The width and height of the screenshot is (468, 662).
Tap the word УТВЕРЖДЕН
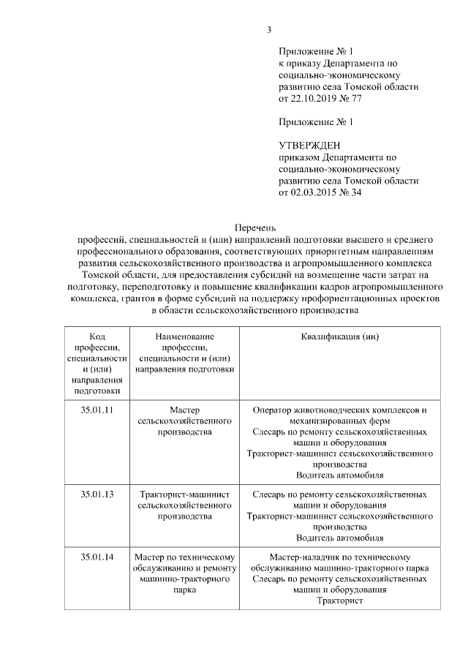[x=310, y=146]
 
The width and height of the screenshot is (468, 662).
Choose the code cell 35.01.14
[x=97, y=557]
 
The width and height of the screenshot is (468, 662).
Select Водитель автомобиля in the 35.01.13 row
[x=339, y=538]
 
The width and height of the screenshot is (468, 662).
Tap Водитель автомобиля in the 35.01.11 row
[x=339, y=475]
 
